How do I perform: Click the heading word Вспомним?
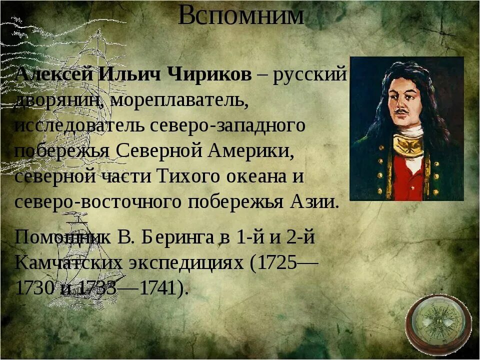pos(240,15)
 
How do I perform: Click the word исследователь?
pos(80,125)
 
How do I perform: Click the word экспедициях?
pos(194,262)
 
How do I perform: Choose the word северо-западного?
pos(228,125)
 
